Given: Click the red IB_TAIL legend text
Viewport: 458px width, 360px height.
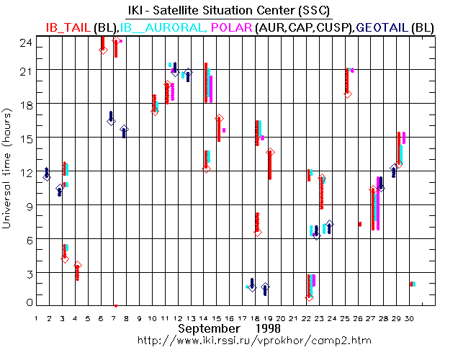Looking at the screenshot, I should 68,27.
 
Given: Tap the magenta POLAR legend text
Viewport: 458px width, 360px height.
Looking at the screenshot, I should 231,27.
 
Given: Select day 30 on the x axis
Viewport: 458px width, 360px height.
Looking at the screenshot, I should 409,318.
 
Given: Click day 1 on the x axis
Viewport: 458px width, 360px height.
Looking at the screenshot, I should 37,318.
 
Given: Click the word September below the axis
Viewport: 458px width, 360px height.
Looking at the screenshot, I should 208,328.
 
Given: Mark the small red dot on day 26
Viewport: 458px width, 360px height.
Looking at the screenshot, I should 359,224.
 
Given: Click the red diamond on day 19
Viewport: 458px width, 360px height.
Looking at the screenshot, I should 270,153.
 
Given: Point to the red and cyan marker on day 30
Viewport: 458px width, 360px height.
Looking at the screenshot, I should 412,284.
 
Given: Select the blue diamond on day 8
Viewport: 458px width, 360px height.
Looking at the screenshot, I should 124,130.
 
